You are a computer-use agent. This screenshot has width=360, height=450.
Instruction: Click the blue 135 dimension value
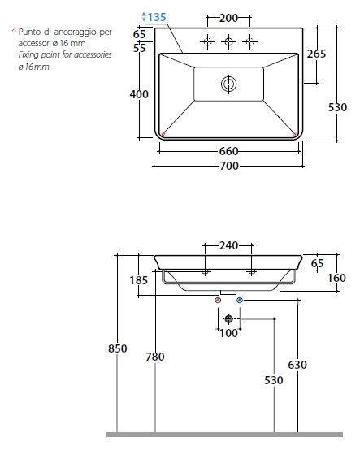click(157, 17)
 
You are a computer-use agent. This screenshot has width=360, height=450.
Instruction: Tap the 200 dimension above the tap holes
click(229, 18)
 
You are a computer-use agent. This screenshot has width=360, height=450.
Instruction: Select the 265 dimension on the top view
click(316, 54)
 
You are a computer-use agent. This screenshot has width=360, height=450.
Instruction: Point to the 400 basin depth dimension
click(139, 94)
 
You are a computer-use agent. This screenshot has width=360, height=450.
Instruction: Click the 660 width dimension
click(229, 151)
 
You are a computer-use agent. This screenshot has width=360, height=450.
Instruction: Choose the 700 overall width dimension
click(229, 166)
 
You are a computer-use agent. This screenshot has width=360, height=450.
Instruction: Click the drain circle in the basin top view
click(229, 84)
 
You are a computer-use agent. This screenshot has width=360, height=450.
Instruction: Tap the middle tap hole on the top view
click(228, 41)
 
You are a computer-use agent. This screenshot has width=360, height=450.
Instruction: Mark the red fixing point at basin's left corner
click(163, 133)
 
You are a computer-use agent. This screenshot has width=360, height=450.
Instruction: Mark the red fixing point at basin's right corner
click(294, 133)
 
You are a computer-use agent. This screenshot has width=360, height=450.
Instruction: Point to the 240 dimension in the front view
click(228, 245)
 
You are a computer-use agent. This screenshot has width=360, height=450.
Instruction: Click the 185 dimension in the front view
click(139, 280)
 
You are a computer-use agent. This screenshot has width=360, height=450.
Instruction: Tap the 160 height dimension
click(336, 278)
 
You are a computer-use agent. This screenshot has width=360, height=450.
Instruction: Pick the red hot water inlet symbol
click(218, 301)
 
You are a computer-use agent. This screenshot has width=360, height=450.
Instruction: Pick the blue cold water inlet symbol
click(240, 301)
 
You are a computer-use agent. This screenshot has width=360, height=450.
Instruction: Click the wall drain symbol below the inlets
click(229, 319)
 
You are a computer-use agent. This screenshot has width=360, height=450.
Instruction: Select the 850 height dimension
click(117, 348)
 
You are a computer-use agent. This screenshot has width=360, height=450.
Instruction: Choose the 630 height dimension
click(297, 365)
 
